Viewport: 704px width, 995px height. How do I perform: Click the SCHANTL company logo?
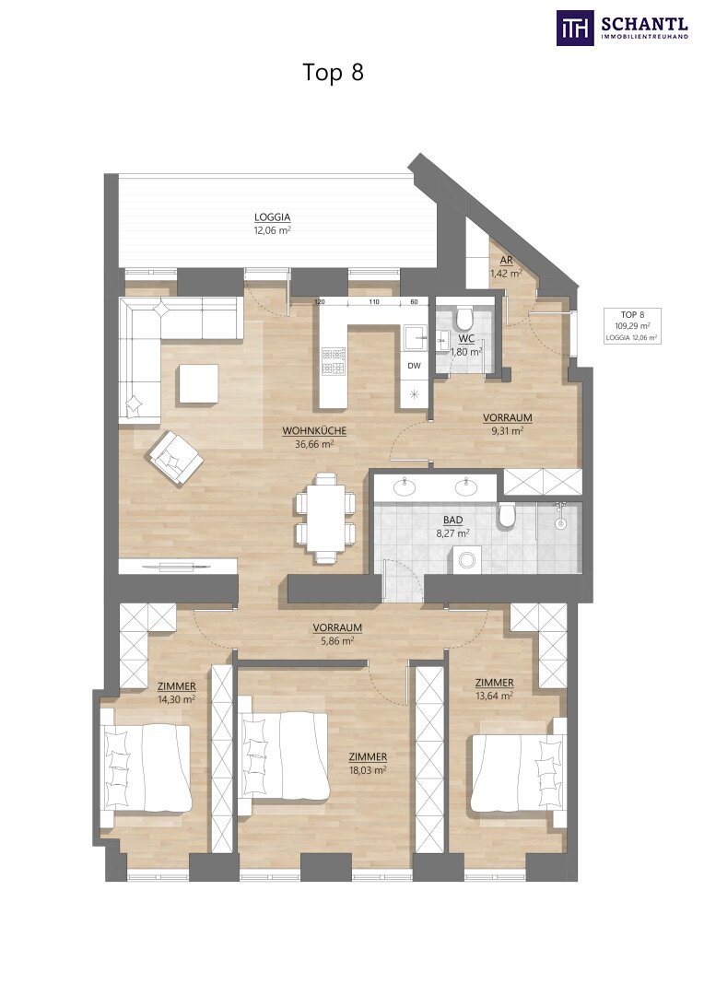(622, 28)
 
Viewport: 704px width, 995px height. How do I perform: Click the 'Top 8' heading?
(334, 73)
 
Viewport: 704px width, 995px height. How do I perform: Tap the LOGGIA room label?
(273, 217)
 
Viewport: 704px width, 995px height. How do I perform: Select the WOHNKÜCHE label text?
(314, 431)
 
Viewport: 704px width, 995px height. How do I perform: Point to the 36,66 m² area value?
(314, 444)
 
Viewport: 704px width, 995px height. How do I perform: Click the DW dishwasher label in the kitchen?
(414, 366)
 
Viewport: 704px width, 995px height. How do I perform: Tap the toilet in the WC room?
(464, 314)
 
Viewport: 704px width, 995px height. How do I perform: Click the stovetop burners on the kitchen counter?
(334, 360)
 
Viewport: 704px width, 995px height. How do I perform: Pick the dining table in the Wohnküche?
(325, 518)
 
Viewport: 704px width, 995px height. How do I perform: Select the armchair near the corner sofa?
(174, 457)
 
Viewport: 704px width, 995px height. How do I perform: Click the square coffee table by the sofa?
(198, 383)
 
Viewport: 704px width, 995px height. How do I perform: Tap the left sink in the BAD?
(405, 487)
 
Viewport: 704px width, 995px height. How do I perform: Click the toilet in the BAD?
(506, 515)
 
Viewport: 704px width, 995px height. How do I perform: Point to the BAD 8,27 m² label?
(452, 527)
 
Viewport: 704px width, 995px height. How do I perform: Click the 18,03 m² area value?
(368, 770)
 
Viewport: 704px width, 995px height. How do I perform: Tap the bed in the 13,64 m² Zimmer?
(518, 773)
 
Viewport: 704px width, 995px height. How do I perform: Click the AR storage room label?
(506, 261)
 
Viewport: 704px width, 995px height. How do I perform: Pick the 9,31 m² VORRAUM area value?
(507, 431)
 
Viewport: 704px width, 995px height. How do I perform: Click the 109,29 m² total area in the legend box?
(632, 326)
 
